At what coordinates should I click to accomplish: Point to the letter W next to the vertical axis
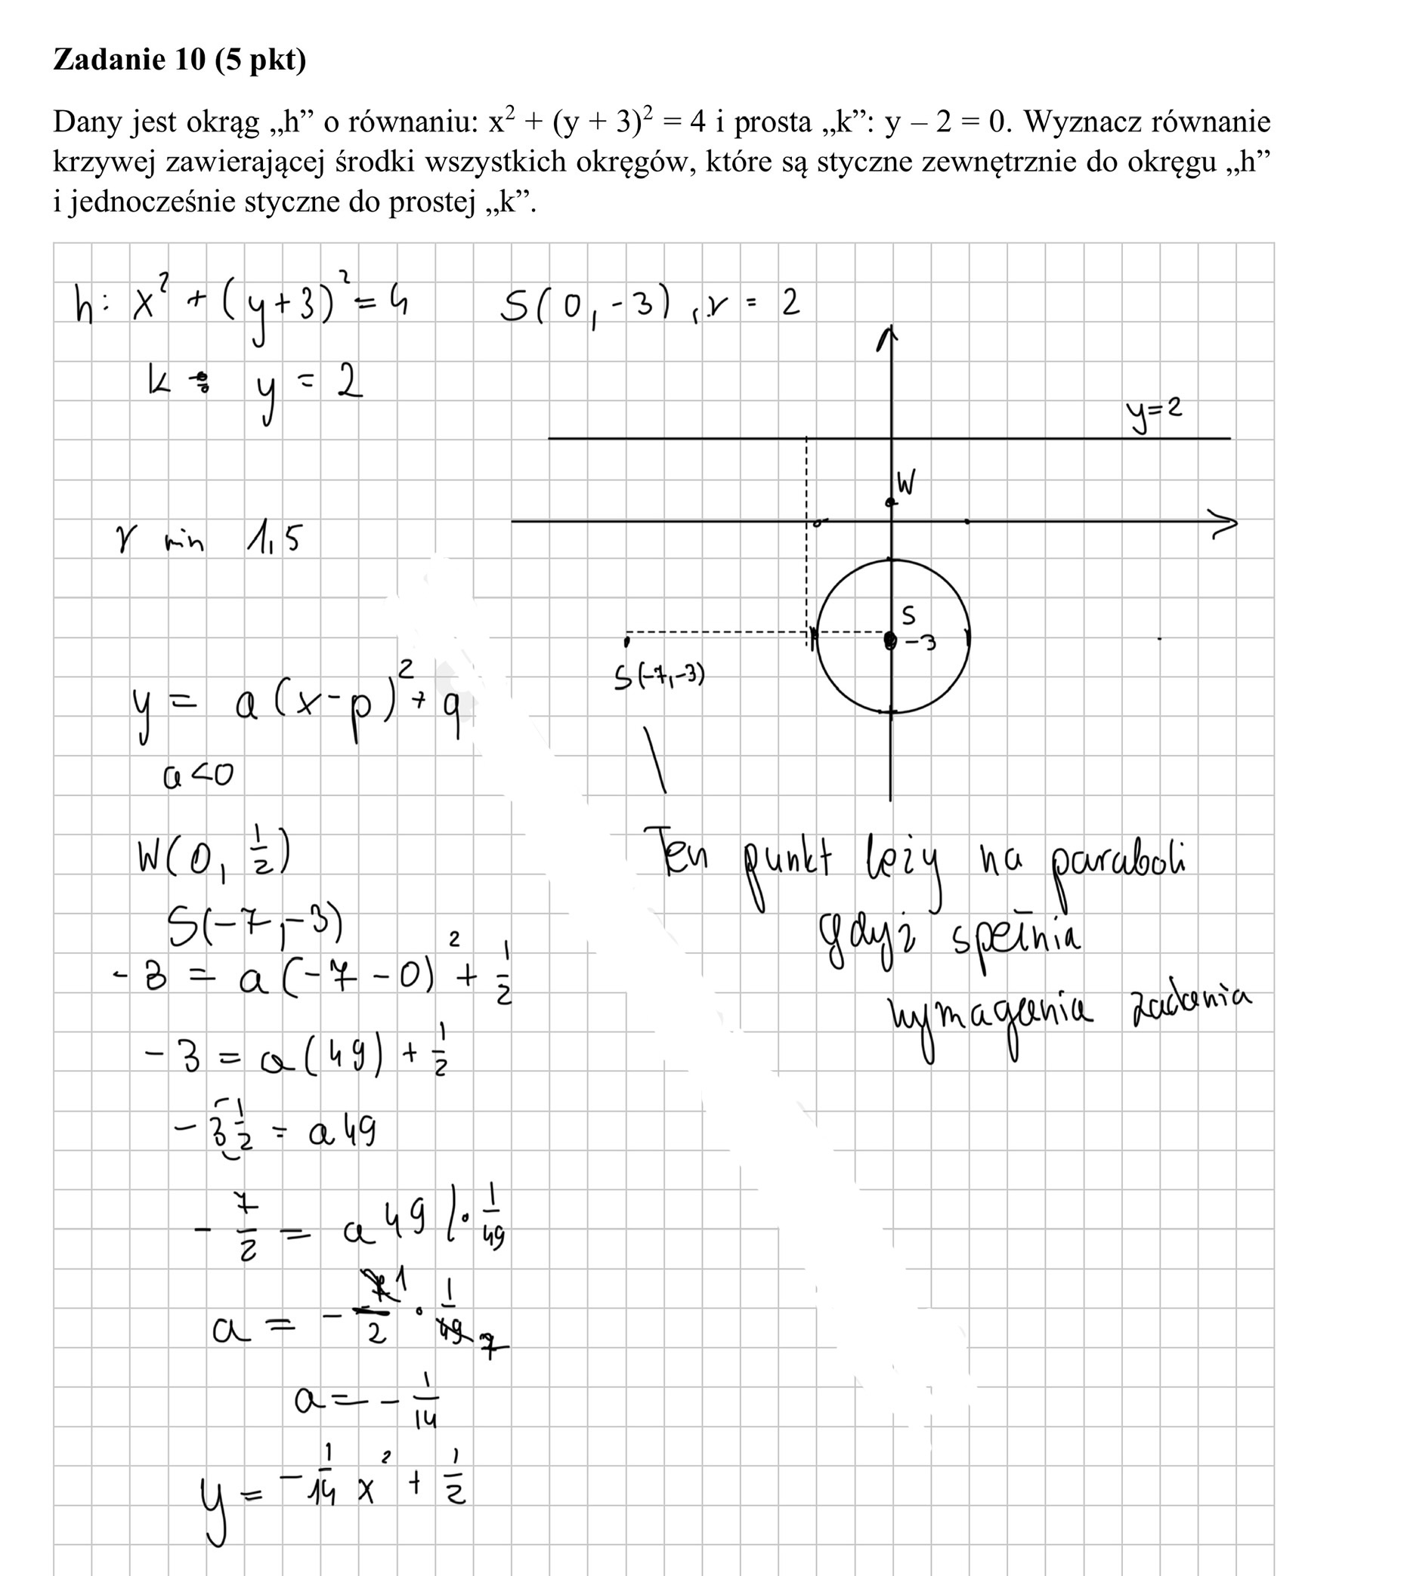907,483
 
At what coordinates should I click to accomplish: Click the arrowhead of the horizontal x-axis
1224,523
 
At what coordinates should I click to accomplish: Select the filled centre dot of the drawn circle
890,640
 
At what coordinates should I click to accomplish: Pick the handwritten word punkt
787,864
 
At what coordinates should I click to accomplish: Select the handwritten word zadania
1191,1007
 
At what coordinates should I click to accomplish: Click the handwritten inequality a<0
197,774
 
